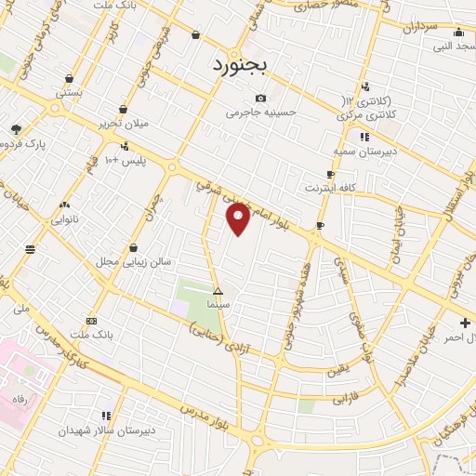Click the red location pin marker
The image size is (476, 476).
[x=238, y=219]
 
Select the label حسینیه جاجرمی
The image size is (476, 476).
[x=260, y=113]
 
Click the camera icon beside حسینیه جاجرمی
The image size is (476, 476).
[x=260, y=99]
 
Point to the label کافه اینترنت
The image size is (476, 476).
[x=331, y=188]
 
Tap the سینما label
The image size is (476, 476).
[x=218, y=304]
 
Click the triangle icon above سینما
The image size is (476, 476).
[x=218, y=291]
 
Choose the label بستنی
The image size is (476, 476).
[x=69, y=93]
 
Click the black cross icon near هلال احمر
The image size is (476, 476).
[x=465, y=323]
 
